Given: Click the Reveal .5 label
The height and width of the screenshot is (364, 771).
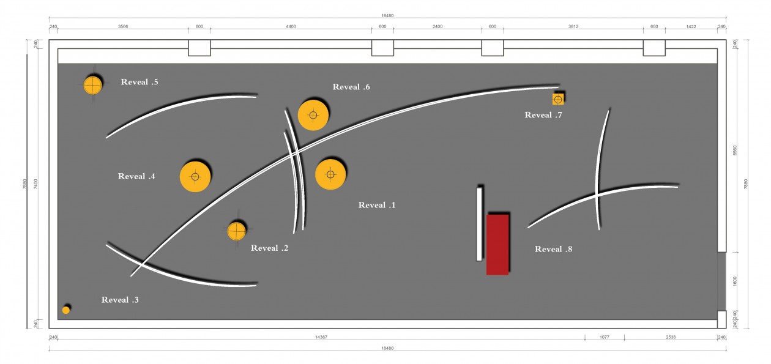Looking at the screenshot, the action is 140,82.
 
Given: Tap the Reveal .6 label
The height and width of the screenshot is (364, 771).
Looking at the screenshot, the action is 351,87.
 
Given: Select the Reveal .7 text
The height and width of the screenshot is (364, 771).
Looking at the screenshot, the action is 543,115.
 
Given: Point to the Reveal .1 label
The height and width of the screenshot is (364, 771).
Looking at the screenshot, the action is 377,205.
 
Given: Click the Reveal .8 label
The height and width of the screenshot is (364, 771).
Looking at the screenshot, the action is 553,249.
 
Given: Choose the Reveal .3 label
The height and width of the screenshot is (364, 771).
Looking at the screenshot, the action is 120,300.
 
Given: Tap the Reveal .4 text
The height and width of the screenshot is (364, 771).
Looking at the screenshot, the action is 136,176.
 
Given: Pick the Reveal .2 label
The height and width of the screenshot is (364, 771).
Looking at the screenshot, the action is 269,248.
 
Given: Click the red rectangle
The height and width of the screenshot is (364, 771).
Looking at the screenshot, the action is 497,245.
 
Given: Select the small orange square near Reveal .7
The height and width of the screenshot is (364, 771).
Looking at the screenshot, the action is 558,100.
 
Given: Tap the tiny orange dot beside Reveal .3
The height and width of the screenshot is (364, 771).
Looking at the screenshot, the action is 65,310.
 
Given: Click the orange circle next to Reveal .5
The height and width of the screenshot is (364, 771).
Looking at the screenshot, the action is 92,85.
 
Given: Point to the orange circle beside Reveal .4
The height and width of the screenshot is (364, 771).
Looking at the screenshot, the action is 195,177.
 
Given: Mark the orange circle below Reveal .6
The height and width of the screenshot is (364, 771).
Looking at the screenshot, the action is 313,115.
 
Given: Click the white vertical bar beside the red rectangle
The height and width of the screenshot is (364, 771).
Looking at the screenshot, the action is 479,225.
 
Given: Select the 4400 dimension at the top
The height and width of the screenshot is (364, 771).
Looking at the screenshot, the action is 291,26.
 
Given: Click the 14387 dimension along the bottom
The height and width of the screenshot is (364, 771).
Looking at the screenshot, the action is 321,337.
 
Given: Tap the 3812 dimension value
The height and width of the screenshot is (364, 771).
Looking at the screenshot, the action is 573,26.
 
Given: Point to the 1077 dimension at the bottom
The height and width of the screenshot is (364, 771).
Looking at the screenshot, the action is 605,337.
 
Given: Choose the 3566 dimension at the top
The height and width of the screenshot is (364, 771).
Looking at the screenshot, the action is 123,26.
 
